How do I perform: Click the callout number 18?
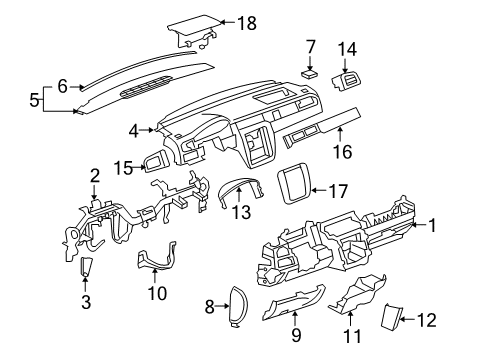point(247,23)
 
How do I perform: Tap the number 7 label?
point(310,47)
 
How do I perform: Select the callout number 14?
point(347,49)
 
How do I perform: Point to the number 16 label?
point(342,152)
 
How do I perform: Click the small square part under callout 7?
point(310,74)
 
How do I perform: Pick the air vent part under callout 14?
point(347,81)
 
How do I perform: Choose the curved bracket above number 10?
point(156,257)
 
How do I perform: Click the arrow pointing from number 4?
point(147,130)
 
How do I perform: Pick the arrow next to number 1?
point(419,225)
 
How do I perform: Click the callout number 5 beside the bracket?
point(34,99)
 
